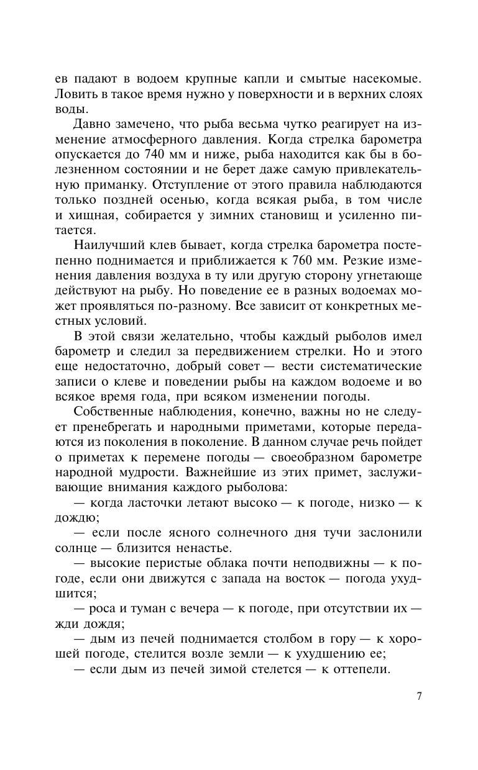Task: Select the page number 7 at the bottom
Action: [x=419, y=695]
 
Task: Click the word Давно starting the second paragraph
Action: [x=93, y=124]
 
